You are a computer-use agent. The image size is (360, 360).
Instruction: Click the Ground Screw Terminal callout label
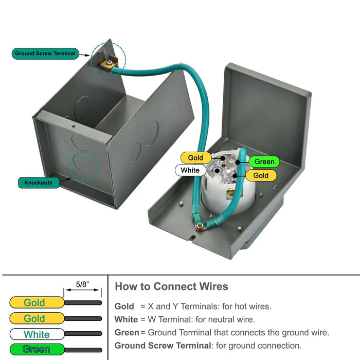[45, 53]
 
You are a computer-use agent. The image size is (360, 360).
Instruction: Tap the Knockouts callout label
[38, 183]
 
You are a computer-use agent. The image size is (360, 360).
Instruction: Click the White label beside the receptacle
[190, 170]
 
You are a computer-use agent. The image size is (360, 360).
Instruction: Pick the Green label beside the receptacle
[264, 161]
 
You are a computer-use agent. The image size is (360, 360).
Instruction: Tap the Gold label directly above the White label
[195, 158]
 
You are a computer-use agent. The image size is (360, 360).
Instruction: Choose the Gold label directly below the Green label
[261, 175]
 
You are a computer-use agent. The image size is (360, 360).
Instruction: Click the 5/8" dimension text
[82, 283]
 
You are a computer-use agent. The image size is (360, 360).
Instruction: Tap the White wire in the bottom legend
[37, 334]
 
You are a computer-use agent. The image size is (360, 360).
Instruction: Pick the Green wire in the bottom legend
[37, 349]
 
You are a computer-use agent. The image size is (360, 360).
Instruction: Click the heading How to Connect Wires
[171, 286]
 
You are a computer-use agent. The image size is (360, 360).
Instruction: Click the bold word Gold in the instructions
[124, 307]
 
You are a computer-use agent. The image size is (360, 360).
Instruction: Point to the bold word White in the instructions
[126, 319]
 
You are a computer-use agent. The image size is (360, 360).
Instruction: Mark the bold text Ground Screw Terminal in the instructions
[162, 346]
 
